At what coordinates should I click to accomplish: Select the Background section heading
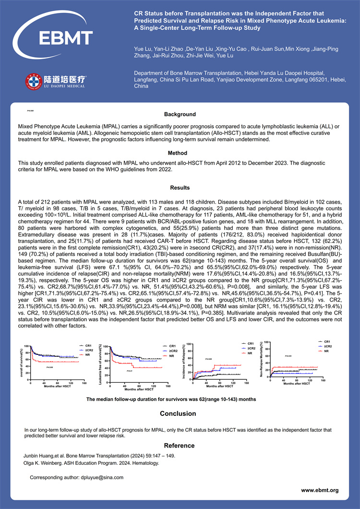pos(180,114)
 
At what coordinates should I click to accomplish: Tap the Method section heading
pos(180,153)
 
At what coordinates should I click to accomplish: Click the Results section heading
pos(180,188)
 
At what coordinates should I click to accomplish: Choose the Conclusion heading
pos(178,413)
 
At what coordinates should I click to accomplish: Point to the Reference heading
pos(179,445)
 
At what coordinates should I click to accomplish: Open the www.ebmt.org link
pos(320,490)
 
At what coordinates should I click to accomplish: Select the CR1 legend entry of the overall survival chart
pos(88,345)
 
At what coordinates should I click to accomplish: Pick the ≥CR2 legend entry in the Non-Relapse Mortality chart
pos(327,346)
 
